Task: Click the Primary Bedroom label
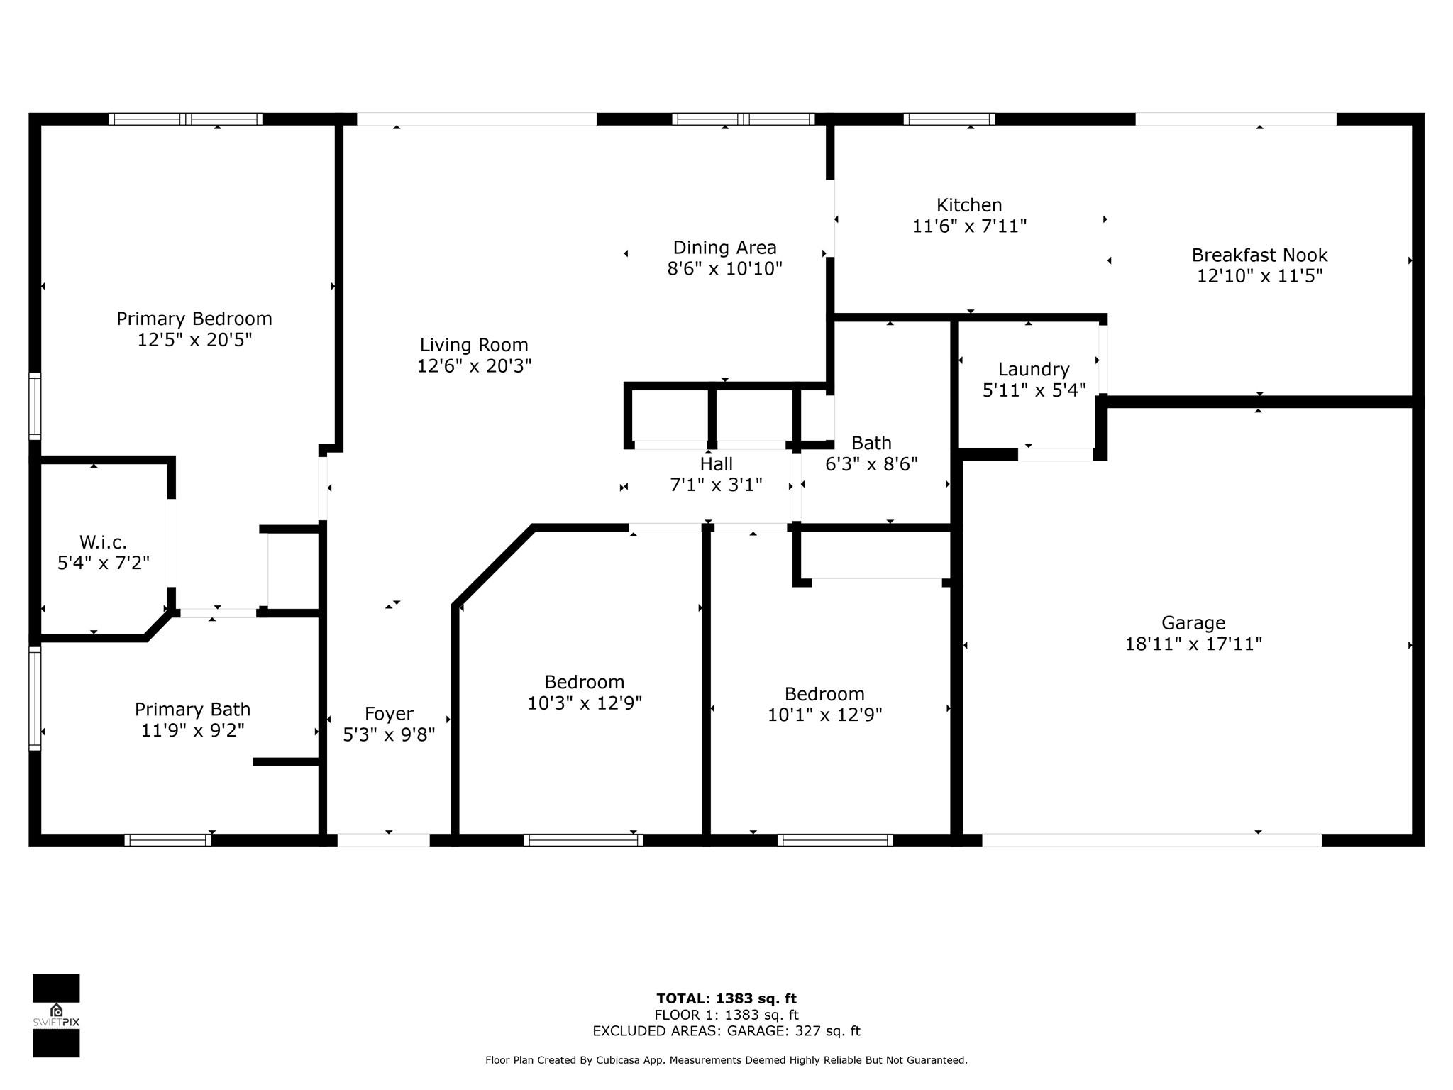click(x=194, y=319)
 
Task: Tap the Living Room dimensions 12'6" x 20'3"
click(x=474, y=366)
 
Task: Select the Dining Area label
click(x=724, y=248)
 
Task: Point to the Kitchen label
click(x=969, y=205)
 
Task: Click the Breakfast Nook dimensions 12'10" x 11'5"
click(x=1259, y=276)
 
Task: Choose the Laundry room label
click(x=1034, y=369)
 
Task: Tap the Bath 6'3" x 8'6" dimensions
click(x=871, y=464)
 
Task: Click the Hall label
click(x=716, y=464)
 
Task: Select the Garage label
click(x=1193, y=623)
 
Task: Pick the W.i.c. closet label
click(x=103, y=542)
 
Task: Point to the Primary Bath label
click(x=192, y=710)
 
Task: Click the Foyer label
click(x=389, y=714)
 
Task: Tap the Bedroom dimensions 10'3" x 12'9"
click(x=585, y=703)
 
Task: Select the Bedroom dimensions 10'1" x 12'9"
click(x=824, y=715)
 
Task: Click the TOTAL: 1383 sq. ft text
click(x=726, y=999)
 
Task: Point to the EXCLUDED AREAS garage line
click(x=726, y=1031)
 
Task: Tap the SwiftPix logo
click(x=56, y=1015)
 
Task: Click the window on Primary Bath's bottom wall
click(x=168, y=840)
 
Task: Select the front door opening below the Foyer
click(x=383, y=840)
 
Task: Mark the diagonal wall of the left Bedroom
click(x=494, y=566)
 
